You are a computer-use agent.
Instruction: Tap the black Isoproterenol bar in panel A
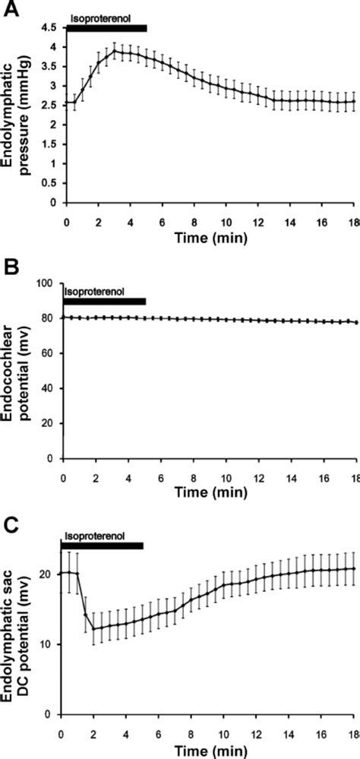tap(106, 28)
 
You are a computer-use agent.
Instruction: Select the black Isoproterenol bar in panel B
tap(104, 302)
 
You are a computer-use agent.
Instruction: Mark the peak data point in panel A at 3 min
tap(114, 51)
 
